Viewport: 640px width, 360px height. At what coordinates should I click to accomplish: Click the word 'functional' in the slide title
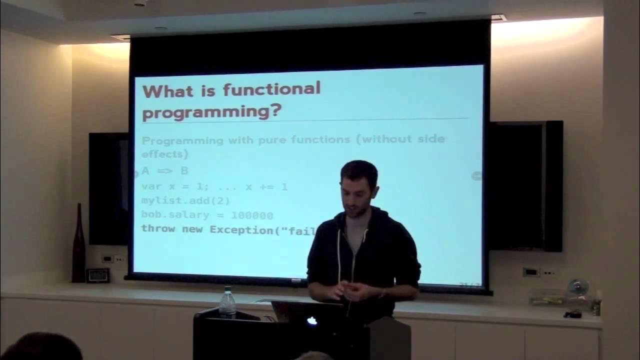click(x=271, y=90)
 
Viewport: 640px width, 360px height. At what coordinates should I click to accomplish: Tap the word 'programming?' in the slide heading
click(x=211, y=112)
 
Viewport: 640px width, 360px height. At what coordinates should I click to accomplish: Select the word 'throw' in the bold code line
click(x=158, y=229)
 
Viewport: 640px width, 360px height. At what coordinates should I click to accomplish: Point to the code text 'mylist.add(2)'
click(x=185, y=201)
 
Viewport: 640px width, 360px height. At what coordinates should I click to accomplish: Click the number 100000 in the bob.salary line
click(x=252, y=215)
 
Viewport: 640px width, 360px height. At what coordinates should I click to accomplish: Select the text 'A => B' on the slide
click(x=165, y=171)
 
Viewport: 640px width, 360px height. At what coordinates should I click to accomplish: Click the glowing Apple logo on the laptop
click(x=312, y=321)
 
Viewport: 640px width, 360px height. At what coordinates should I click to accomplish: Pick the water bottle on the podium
click(x=227, y=303)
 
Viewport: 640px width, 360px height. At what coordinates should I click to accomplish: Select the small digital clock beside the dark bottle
click(x=97, y=275)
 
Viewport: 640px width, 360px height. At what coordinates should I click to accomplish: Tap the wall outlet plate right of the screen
click(x=530, y=272)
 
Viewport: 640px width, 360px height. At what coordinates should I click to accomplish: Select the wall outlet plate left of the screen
click(x=107, y=258)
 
